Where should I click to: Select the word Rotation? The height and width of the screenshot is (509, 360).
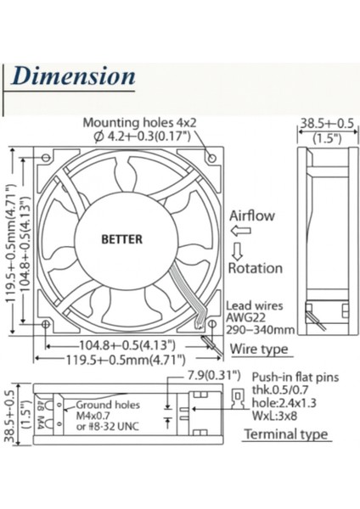pyautogui.click(x=255, y=268)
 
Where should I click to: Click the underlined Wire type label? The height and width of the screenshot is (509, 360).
pyautogui.click(x=259, y=349)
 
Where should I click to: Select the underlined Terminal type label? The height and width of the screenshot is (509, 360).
pyautogui.click(x=285, y=434)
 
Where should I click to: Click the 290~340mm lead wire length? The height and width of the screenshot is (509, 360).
pyautogui.click(x=261, y=329)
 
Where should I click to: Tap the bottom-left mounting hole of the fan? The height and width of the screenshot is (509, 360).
pyautogui.click(x=45, y=323)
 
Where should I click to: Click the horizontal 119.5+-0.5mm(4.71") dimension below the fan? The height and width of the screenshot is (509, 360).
pyautogui.click(x=127, y=359)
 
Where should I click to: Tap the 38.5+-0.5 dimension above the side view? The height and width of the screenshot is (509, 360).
pyautogui.click(x=324, y=124)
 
